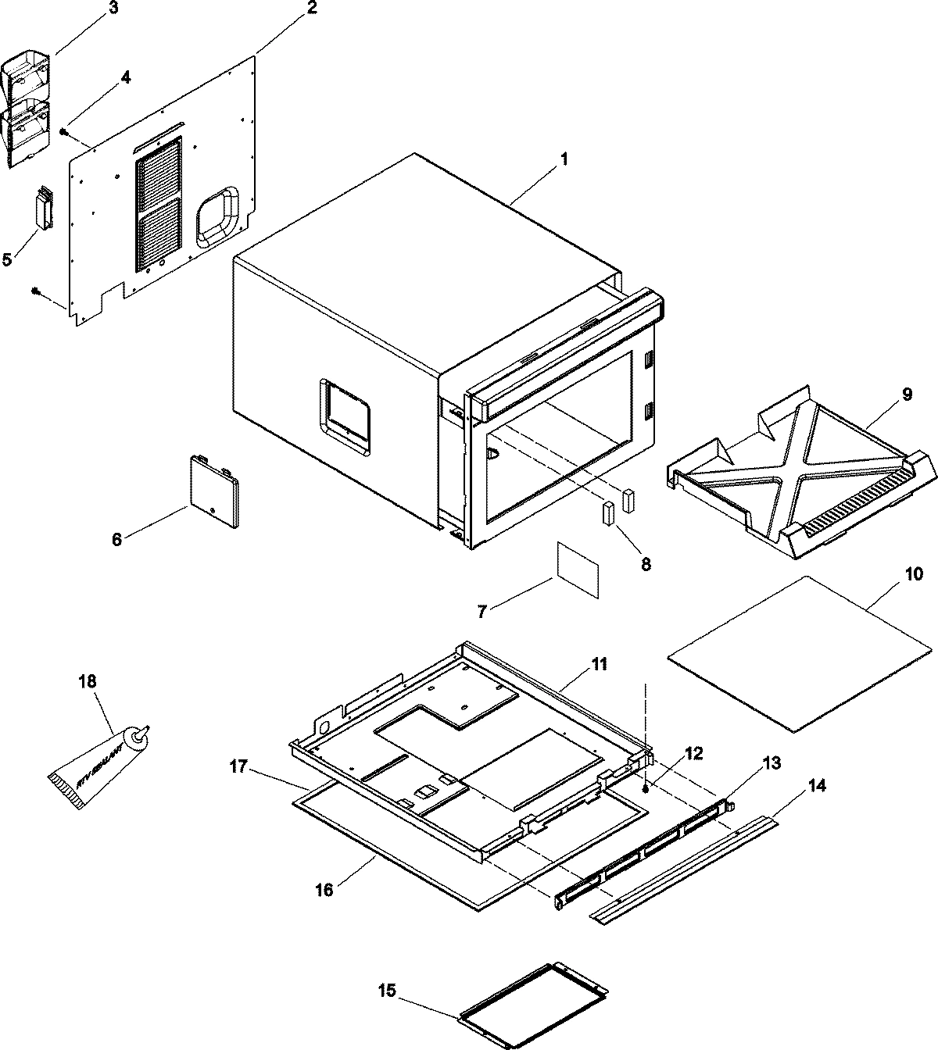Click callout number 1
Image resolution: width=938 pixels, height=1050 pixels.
(564, 159)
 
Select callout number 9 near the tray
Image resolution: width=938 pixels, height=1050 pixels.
(906, 395)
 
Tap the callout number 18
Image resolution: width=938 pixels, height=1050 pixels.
(88, 681)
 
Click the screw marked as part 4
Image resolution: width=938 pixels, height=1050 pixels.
(63, 132)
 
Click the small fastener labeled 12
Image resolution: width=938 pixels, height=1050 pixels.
(646, 789)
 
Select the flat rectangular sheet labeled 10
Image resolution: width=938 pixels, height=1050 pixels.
(799, 655)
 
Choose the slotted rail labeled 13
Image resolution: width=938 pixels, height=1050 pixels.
(643, 852)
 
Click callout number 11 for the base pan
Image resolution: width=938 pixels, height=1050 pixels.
(598, 666)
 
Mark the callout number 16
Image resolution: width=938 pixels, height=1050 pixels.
(324, 889)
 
